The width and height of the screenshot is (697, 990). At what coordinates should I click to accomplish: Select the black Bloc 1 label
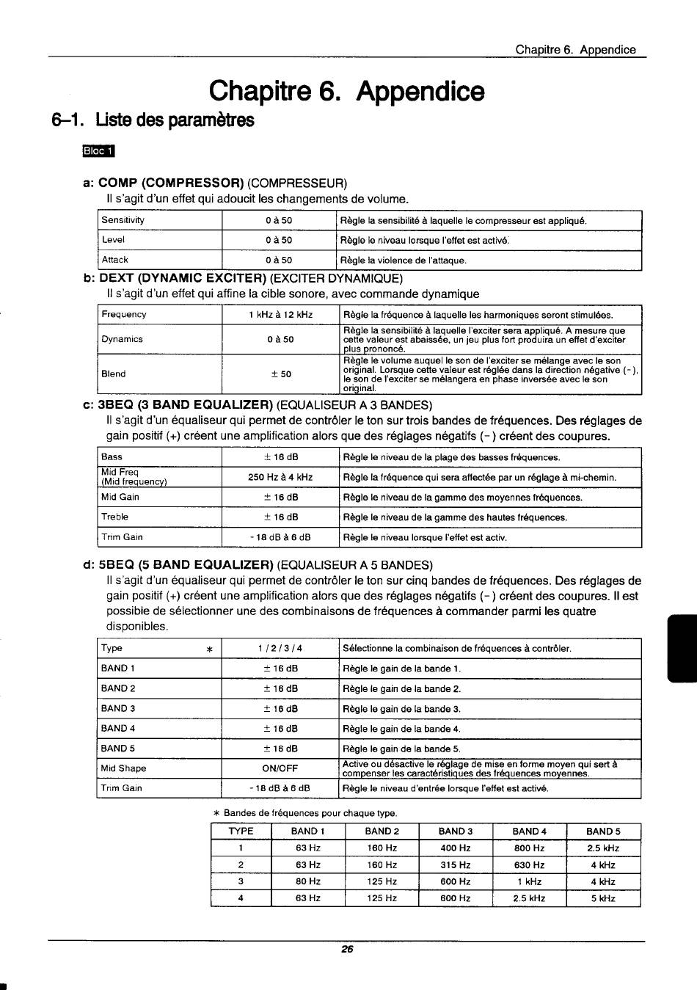(100, 152)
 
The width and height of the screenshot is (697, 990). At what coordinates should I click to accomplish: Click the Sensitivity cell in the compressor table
(123, 220)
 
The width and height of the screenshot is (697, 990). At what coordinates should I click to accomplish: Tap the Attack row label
(115, 260)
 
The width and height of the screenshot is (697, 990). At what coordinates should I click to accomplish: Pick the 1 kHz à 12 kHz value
(280, 315)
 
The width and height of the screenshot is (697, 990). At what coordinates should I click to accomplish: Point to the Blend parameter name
(114, 374)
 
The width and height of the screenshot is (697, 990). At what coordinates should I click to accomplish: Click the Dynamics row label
(123, 339)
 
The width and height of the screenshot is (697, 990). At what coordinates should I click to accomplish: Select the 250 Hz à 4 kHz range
(280, 477)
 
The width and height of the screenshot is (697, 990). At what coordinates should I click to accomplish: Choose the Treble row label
(115, 517)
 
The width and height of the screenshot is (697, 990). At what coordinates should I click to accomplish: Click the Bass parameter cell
(112, 456)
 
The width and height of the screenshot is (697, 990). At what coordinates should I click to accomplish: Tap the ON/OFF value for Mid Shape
(280, 768)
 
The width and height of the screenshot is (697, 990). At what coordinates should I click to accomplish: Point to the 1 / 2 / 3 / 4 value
(280, 648)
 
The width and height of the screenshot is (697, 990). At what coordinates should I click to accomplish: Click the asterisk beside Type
(209, 649)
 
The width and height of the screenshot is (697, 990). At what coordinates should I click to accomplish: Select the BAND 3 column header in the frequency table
(456, 831)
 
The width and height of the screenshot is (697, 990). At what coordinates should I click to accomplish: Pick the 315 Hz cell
(456, 865)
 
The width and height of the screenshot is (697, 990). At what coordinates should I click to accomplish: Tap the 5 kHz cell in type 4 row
(603, 898)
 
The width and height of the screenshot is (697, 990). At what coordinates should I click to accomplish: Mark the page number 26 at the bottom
(348, 949)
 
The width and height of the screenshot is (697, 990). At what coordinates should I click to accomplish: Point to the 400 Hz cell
(456, 848)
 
